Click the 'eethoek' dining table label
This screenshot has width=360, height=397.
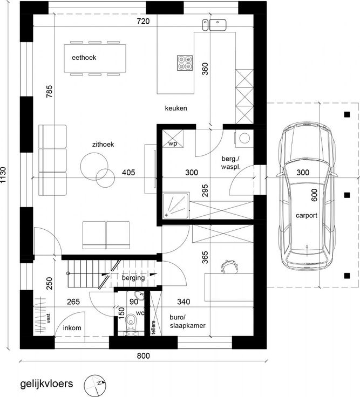(84, 58)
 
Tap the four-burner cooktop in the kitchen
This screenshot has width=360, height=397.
(185, 63)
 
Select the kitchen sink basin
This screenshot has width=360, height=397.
(218, 25)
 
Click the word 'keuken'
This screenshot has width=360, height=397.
(176, 108)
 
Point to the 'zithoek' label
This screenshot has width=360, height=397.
(103, 145)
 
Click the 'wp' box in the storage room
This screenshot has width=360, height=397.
(173, 139)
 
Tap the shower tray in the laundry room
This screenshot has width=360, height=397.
(176, 206)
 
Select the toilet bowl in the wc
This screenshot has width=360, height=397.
(131, 321)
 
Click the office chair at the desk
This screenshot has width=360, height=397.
(229, 266)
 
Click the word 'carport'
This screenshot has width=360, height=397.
(307, 215)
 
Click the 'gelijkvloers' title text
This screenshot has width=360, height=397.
(46, 384)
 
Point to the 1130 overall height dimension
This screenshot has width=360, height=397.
(3, 174)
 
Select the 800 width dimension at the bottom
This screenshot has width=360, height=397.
(144, 355)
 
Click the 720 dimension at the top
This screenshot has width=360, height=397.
(143, 21)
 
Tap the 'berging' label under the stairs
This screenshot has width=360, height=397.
(133, 278)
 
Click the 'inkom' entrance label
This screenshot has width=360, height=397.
(72, 328)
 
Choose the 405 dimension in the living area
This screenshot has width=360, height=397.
(128, 173)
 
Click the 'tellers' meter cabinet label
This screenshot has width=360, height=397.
(153, 327)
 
